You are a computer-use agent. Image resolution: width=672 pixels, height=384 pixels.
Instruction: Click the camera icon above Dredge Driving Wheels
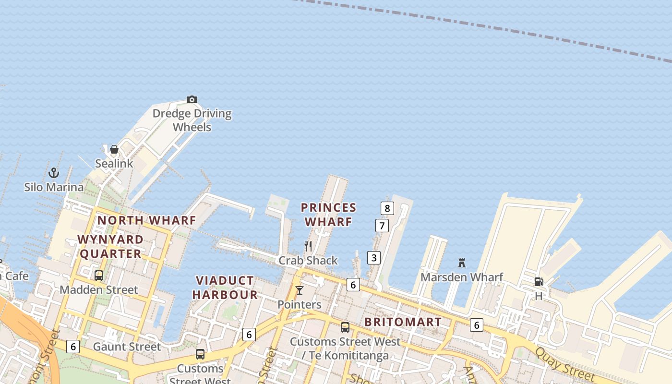(x=192, y=100)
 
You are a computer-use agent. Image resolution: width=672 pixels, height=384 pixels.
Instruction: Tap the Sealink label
(x=114, y=163)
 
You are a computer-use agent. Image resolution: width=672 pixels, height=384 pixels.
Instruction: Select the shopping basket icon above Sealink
(x=114, y=150)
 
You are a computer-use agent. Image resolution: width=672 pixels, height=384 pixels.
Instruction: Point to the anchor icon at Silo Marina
(x=54, y=173)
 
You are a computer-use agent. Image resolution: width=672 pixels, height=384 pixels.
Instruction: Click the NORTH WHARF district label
(x=147, y=220)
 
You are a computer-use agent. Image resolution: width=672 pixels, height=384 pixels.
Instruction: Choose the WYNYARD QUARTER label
(x=110, y=246)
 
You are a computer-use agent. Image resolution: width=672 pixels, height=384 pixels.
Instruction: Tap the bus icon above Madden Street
(x=99, y=276)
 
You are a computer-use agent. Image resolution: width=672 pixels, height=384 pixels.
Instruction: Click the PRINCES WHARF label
(x=329, y=215)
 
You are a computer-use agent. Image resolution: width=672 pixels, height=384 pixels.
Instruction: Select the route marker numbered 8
(x=387, y=208)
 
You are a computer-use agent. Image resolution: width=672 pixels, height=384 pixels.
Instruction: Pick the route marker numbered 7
(x=382, y=226)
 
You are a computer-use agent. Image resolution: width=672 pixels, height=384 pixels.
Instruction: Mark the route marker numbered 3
(x=374, y=258)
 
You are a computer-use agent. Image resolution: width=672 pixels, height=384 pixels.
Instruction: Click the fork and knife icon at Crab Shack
(x=308, y=246)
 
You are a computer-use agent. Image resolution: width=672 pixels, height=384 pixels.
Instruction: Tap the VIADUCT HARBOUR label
(x=225, y=288)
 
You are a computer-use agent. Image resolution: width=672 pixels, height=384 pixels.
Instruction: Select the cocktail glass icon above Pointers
(x=300, y=290)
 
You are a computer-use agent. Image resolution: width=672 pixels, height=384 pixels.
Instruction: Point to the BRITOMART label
(x=403, y=322)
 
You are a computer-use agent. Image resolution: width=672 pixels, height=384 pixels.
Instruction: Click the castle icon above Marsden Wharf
(x=462, y=263)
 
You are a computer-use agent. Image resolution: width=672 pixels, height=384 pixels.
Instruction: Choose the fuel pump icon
(x=539, y=282)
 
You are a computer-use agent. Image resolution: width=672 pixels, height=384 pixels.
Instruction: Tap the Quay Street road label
(x=566, y=365)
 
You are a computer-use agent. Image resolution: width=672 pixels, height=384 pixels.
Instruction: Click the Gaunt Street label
(x=127, y=347)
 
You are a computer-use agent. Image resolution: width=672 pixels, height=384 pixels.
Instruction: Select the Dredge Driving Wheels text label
(x=192, y=120)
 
